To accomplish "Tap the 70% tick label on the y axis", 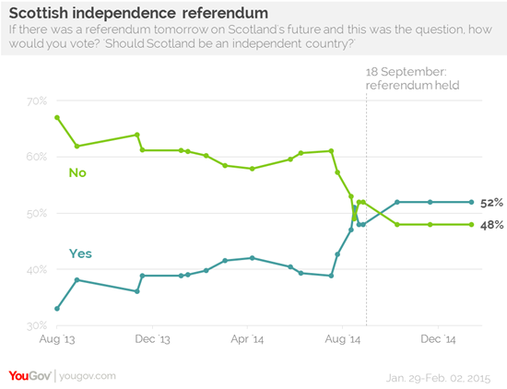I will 36,100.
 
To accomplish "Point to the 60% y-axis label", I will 36,157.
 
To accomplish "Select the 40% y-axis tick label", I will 36,269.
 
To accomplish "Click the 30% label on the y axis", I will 36,325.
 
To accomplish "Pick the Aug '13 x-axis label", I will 56,340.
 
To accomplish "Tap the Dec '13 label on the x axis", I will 151,340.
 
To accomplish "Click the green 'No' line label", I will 79,171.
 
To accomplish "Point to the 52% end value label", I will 489,202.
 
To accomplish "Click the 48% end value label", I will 489,225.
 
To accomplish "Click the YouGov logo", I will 29,375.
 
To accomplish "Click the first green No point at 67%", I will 57,118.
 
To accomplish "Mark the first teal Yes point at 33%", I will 57,309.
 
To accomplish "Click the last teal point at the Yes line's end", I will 472,202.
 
